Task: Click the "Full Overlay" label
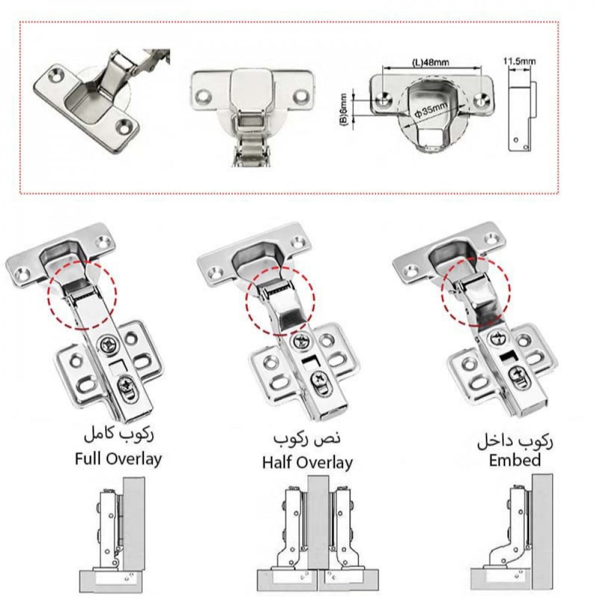tap(118, 459)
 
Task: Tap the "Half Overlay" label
tap(307, 462)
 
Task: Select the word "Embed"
tap(515, 460)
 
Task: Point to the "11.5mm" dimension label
tap(519, 60)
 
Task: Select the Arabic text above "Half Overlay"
tap(307, 439)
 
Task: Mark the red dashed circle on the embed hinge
tap(476, 292)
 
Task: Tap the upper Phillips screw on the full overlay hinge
tap(110, 346)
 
